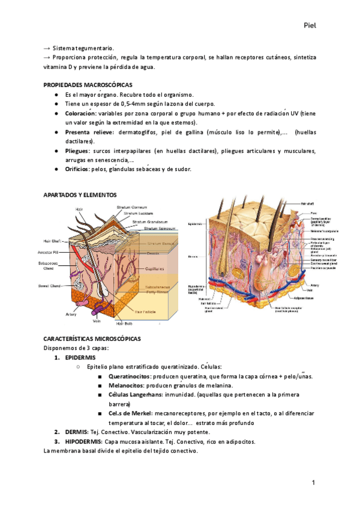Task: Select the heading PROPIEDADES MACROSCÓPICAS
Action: coord(88,85)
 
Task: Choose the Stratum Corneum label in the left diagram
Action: coord(132,207)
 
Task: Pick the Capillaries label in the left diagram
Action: coord(155,270)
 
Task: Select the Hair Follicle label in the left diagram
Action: coord(146,312)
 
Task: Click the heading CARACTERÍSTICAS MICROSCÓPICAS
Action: coord(92,339)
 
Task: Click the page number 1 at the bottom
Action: coord(313,484)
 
